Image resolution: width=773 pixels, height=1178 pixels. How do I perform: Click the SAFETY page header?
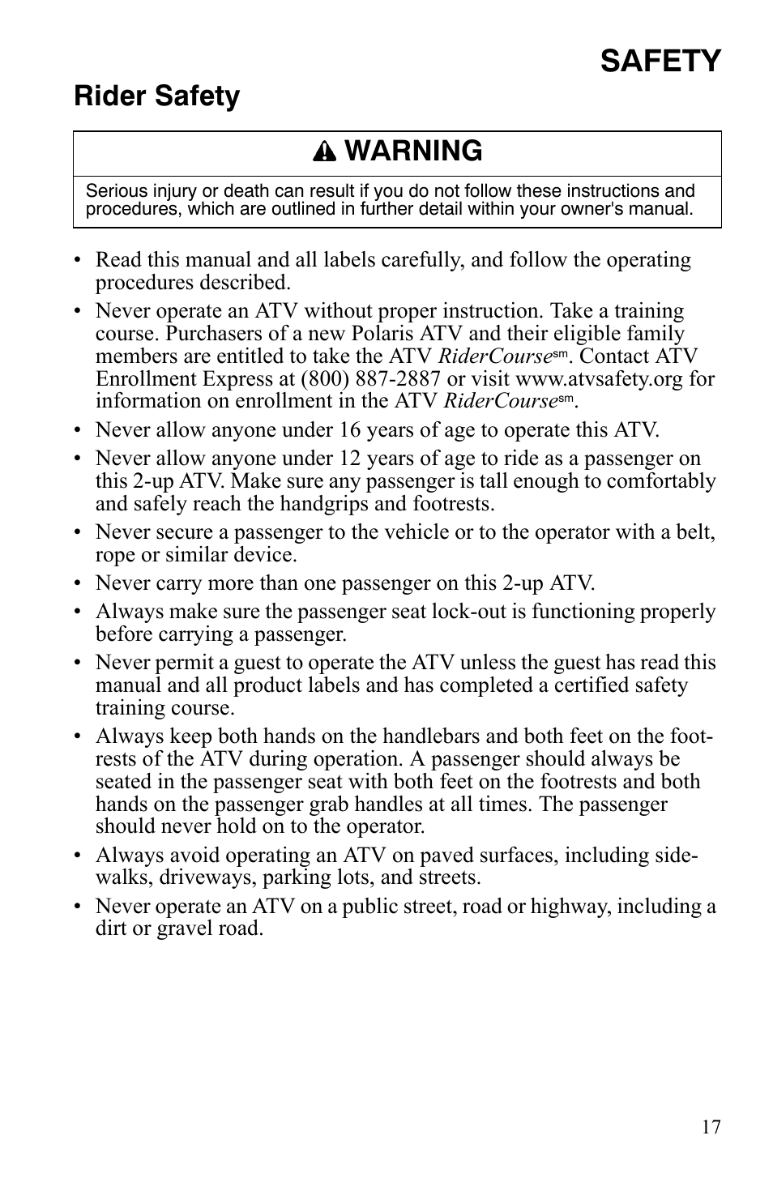(660, 62)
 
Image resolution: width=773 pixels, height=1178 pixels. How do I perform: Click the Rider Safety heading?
(156, 96)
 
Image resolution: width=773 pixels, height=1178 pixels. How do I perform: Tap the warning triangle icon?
(324, 152)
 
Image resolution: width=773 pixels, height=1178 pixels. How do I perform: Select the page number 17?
(711, 1127)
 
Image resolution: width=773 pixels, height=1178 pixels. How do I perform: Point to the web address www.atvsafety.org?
(599, 378)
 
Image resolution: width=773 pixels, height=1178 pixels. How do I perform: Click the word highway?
(570, 906)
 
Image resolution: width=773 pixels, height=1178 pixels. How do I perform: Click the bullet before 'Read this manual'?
(78, 261)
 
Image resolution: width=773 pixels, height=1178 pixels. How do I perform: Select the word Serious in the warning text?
(117, 191)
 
